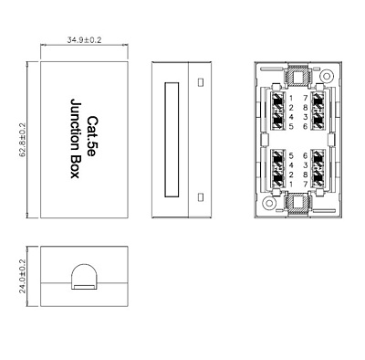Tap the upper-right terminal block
tap(318, 111)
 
